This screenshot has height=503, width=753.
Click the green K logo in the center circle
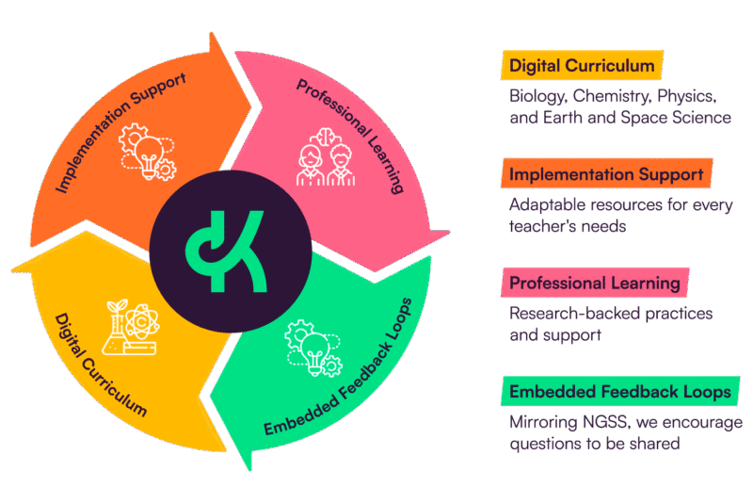(x=229, y=250)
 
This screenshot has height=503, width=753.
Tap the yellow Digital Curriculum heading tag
(x=579, y=66)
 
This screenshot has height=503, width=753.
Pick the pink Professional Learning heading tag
(x=595, y=283)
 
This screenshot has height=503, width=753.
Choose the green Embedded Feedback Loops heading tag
(x=618, y=390)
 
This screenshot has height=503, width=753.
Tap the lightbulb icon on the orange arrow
(x=147, y=151)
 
